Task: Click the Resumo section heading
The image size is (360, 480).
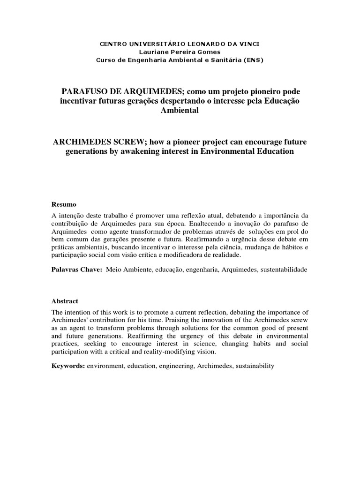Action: coord(64,205)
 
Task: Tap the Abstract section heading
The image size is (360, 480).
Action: coord(65,301)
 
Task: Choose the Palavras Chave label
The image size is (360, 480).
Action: coord(77,270)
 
